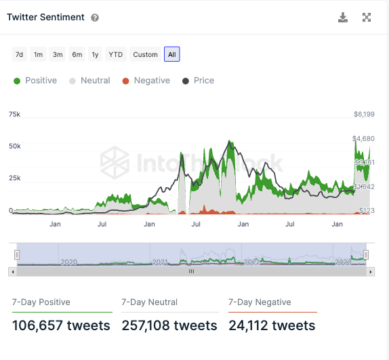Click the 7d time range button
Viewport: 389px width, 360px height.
(20, 54)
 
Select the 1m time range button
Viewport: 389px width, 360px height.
(39, 54)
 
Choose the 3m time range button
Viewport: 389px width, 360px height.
(58, 54)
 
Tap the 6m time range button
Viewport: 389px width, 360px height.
(77, 54)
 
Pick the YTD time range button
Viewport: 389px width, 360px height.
(116, 54)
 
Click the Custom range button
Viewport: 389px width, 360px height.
(145, 54)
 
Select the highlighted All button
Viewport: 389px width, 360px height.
(171, 54)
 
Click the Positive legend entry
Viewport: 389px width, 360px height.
(35, 81)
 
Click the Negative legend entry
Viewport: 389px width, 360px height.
(146, 81)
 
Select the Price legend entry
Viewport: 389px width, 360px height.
(198, 81)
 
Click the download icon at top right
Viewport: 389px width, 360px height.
(343, 18)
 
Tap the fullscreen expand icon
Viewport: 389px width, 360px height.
(367, 18)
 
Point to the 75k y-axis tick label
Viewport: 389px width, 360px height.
(14, 115)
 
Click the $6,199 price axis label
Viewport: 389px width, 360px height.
(364, 115)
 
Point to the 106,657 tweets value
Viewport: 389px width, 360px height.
(61, 326)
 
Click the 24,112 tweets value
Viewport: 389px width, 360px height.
(272, 326)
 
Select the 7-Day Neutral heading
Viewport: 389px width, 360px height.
(149, 302)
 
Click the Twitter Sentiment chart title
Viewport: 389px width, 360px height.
(46, 18)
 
